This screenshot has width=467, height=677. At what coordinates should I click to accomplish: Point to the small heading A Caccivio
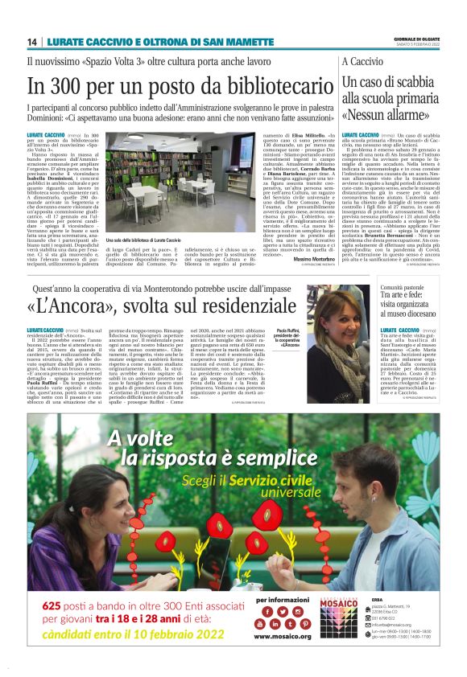[362, 61]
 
